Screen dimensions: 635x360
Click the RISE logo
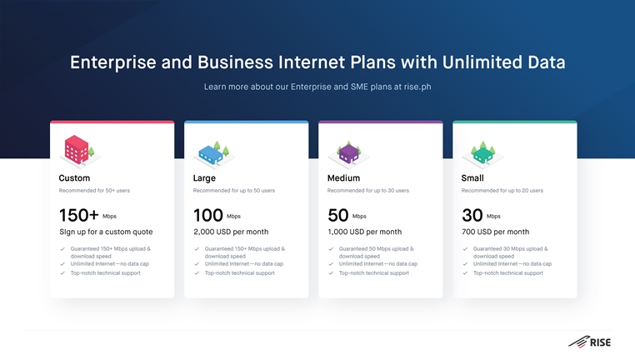589,342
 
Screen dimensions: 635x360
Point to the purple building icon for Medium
348,154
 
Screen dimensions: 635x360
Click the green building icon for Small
482,154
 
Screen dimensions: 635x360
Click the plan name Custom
74,178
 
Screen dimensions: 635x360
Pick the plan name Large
204,178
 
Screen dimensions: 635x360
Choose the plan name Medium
343,178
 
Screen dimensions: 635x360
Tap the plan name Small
472,178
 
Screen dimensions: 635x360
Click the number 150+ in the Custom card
79,216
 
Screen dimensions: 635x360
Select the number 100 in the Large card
208,216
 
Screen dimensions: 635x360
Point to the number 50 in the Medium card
338,216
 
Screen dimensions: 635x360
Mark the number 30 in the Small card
472,216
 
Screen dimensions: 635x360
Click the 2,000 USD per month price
231,232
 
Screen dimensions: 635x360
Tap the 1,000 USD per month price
365,232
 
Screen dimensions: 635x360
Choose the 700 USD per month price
495,232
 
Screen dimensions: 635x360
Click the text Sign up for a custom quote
106,232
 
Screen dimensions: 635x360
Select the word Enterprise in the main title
113,62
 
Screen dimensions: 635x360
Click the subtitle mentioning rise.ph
317,87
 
